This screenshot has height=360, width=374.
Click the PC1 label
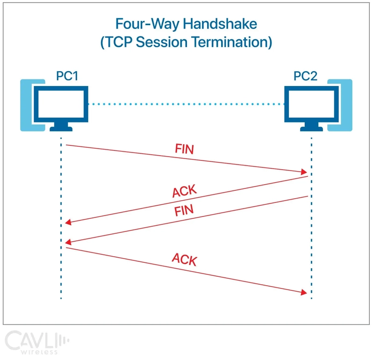coord(67,76)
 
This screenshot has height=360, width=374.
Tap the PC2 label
coord(305,76)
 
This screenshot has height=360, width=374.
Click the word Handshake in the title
coord(220,24)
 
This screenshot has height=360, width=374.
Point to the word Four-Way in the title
coord(147,24)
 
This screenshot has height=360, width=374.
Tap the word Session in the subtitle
coord(161,42)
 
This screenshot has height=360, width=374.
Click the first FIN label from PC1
coord(184,149)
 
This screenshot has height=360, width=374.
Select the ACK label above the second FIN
coord(184,191)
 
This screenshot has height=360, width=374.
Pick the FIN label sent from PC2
coord(184,210)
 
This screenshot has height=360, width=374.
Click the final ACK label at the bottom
coord(184,259)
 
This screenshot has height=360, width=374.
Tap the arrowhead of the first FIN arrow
coord(304,172)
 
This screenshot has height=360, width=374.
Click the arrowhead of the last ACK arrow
coord(304,292)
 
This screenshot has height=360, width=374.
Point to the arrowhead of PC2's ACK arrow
coord(68,223)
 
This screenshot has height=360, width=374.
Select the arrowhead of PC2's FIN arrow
coord(68,242)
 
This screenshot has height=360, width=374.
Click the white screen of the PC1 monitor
coord(61,104)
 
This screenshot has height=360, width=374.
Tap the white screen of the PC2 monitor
coord(311,104)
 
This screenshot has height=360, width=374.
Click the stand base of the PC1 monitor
coord(61,129)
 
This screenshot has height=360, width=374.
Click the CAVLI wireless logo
coord(37,342)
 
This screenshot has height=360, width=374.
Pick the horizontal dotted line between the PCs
coord(186,104)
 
